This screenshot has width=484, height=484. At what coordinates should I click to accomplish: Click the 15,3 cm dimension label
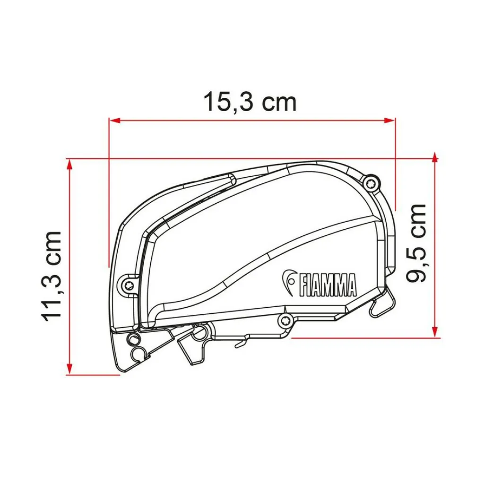click(x=250, y=102)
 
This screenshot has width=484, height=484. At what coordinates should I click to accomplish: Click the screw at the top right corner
click(x=371, y=184)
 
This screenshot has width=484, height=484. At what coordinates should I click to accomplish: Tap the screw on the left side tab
click(x=129, y=285)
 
